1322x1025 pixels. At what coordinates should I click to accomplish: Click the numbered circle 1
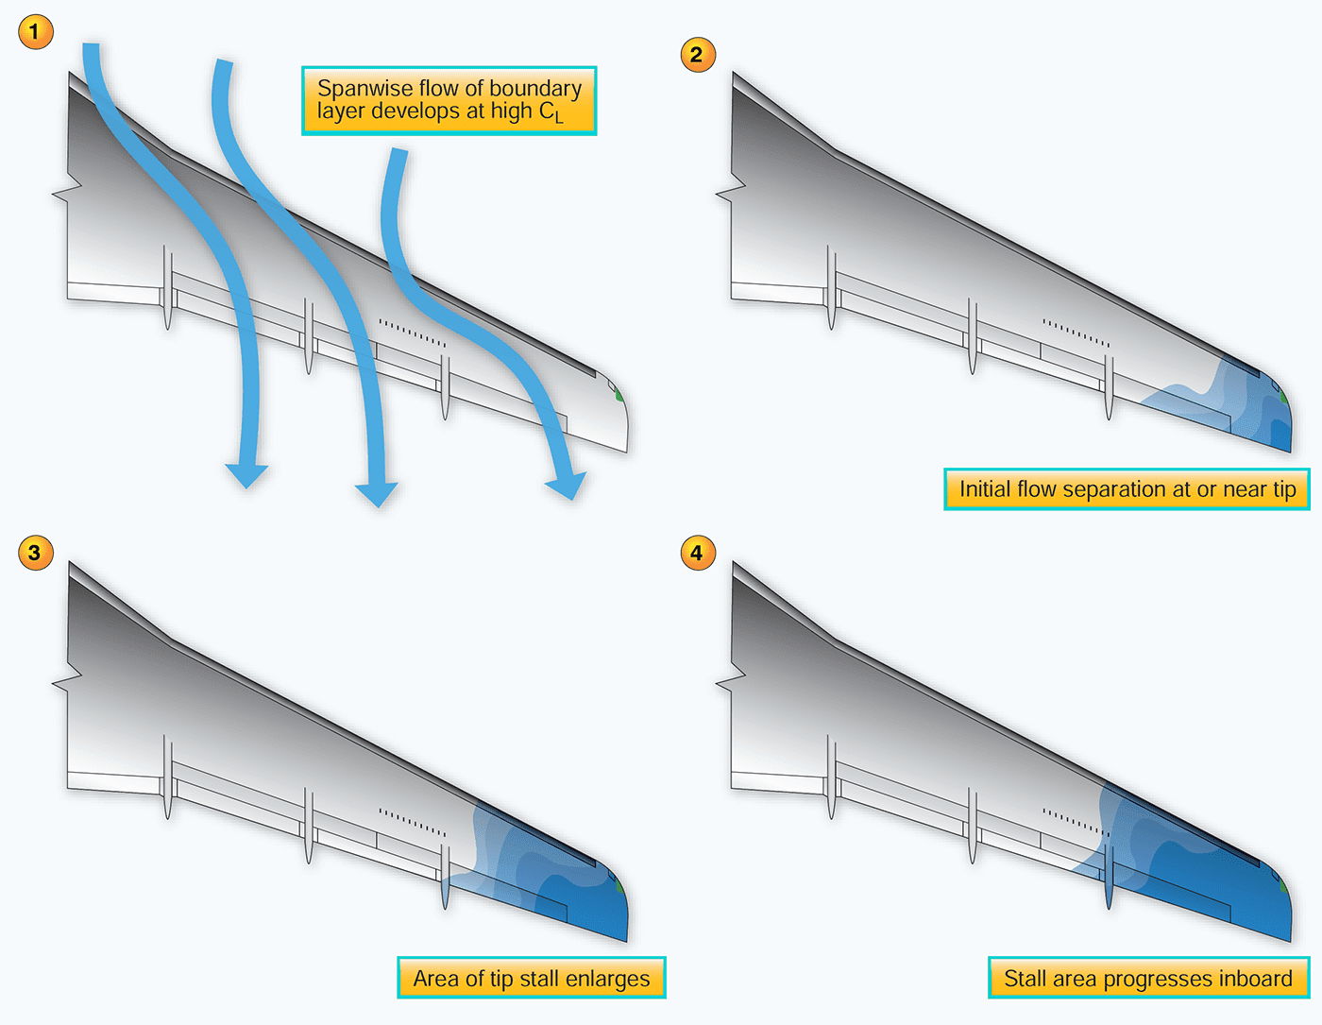coord(35,31)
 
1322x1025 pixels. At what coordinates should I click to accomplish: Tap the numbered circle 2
coord(698,54)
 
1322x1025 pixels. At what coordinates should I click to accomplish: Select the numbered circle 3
coord(35,553)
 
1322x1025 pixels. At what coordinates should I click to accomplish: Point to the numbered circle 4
coord(698,553)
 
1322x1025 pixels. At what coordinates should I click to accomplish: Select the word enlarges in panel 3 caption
coord(606,979)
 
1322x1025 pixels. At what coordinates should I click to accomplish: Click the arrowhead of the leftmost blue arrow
coord(246,475)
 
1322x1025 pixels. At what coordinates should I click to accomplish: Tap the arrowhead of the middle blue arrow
coord(376,494)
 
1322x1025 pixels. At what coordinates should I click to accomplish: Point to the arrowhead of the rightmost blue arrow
coord(568,486)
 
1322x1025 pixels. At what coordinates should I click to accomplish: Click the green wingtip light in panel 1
coord(619,394)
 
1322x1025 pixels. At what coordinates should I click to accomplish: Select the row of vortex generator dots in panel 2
coord(1076,333)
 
